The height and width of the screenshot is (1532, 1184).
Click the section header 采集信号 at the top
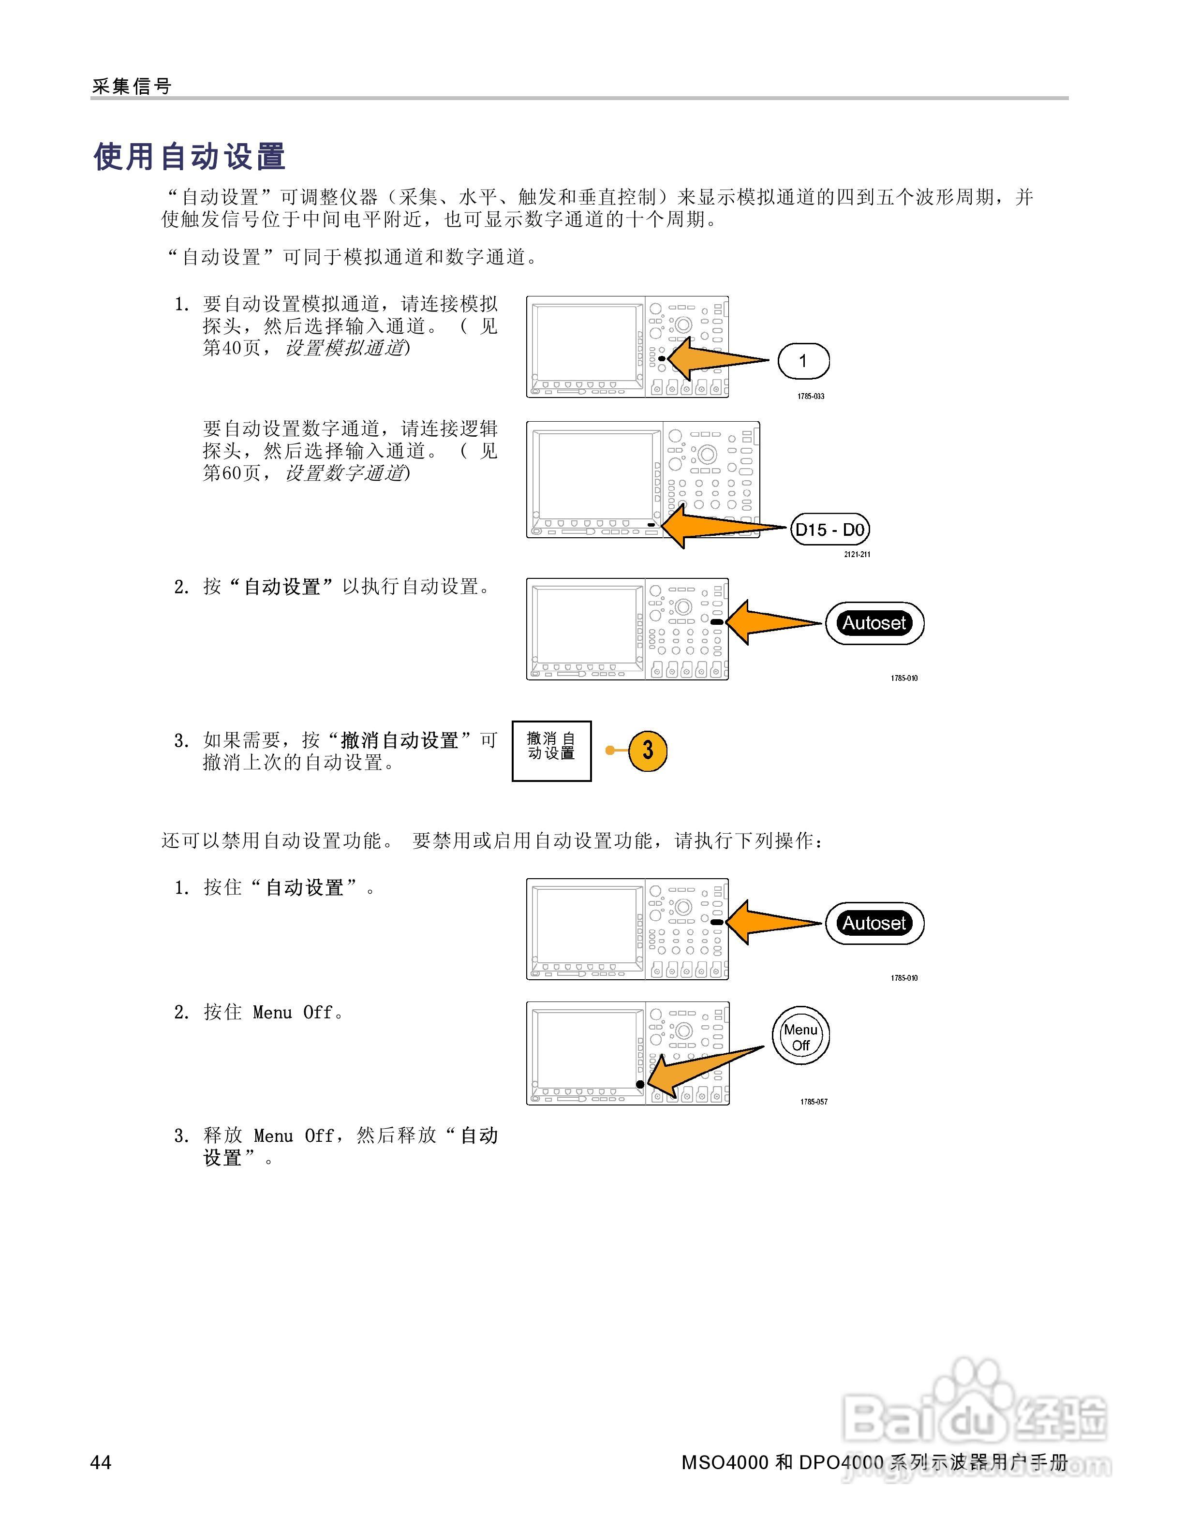click(132, 86)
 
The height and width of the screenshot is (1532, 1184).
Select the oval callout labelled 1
click(803, 361)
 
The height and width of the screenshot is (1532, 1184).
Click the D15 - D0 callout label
click(830, 530)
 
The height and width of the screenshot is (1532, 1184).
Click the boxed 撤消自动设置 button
click(551, 751)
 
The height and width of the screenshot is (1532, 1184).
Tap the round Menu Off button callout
click(800, 1037)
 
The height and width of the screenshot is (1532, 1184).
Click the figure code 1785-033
click(810, 397)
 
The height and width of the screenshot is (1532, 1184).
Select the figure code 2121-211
click(857, 554)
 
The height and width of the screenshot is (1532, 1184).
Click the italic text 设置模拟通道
click(345, 348)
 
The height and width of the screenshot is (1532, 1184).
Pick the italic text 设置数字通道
click(345, 473)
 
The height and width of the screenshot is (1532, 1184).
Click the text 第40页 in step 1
click(232, 348)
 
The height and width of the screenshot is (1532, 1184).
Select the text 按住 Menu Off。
click(274, 1012)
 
